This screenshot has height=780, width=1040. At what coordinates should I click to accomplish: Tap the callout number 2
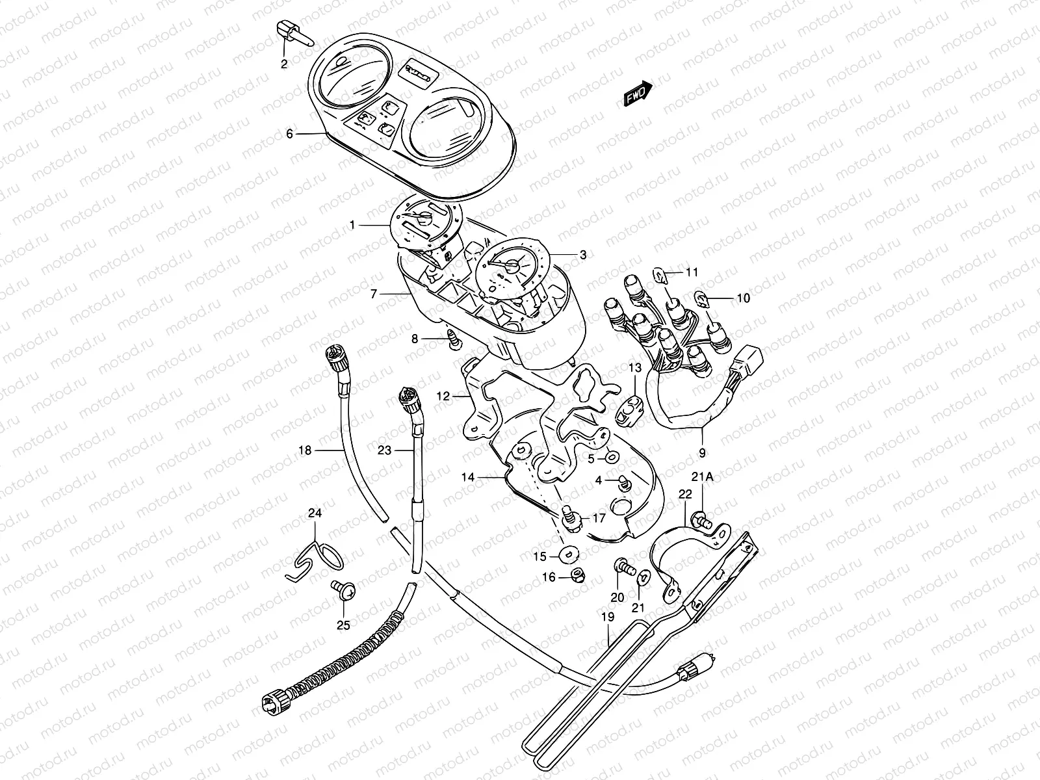[x=284, y=64]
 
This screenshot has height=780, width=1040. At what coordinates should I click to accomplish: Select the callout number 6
[x=290, y=134]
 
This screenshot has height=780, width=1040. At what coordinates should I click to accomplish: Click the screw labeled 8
[x=452, y=339]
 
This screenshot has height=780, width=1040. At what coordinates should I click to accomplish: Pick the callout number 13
[x=634, y=369]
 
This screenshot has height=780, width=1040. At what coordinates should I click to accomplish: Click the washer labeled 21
[x=642, y=577]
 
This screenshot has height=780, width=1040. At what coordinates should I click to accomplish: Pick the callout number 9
[x=702, y=453]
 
